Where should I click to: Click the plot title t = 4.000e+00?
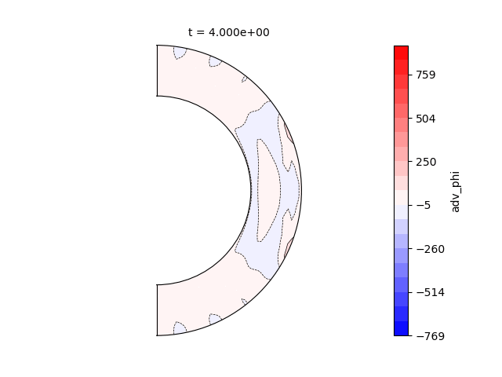pos(228,32)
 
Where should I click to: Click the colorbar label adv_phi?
pos(455,192)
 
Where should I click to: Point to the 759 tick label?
pos(426,75)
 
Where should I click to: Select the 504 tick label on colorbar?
pos(426,119)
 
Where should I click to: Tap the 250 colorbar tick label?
pos(426,163)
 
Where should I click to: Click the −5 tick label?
pos(424,206)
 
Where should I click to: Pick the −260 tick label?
pos(431,249)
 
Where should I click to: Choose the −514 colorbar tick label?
pos(431,293)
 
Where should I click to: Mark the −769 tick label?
pos(431,336)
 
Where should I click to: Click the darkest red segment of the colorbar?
pos(401,53)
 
